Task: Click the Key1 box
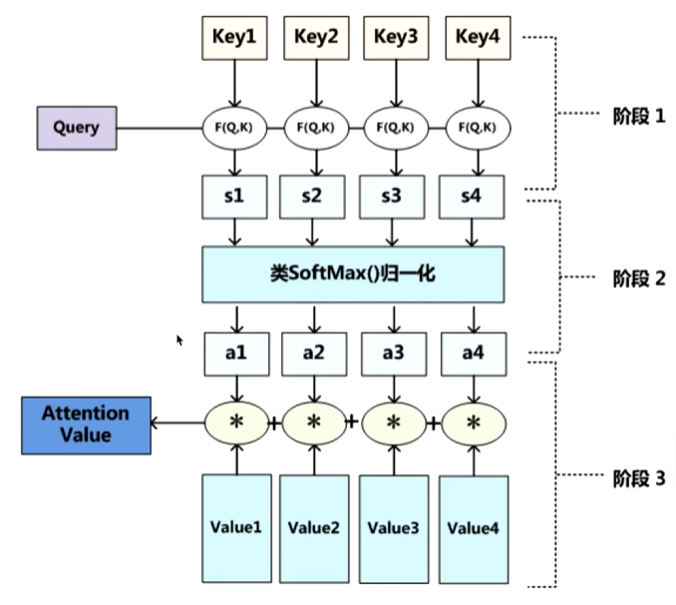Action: [234, 37]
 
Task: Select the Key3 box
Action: [396, 37]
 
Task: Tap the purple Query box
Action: [76, 129]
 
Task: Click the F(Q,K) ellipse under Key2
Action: [316, 128]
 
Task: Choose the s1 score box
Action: [234, 196]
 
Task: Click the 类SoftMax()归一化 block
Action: [352, 274]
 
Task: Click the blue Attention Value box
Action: [86, 424]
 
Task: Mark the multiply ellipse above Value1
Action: [235, 422]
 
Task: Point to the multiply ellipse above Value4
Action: [472, 422]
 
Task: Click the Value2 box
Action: [314, 528]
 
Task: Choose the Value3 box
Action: [393, 528]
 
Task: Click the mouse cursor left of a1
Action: [180, 340]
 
